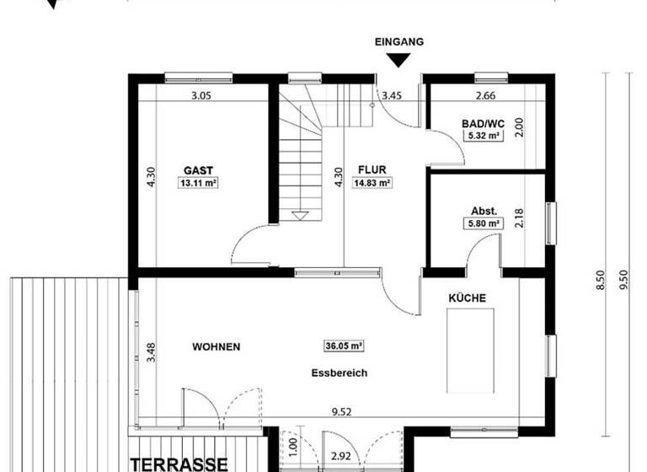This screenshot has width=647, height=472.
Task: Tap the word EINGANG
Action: tap(399, 40)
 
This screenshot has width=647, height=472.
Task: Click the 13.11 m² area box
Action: tap(198, 182)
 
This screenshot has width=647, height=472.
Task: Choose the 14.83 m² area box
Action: tap(371, 182)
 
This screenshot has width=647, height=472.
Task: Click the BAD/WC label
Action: tap(481, 124)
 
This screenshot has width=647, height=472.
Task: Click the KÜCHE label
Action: tap(467, 298)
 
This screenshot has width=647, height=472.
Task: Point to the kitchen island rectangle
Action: tap(470, 350)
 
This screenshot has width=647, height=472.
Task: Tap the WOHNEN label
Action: tap(217, 346)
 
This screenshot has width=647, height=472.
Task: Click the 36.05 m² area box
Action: tap(343, 346)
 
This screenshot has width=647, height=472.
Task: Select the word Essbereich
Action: tap(337, 372)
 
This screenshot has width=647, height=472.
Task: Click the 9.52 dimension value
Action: tap(340, 413)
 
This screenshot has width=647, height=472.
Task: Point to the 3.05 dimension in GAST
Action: tap(201, 95)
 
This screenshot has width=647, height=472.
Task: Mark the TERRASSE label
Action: tap(179, 464)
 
